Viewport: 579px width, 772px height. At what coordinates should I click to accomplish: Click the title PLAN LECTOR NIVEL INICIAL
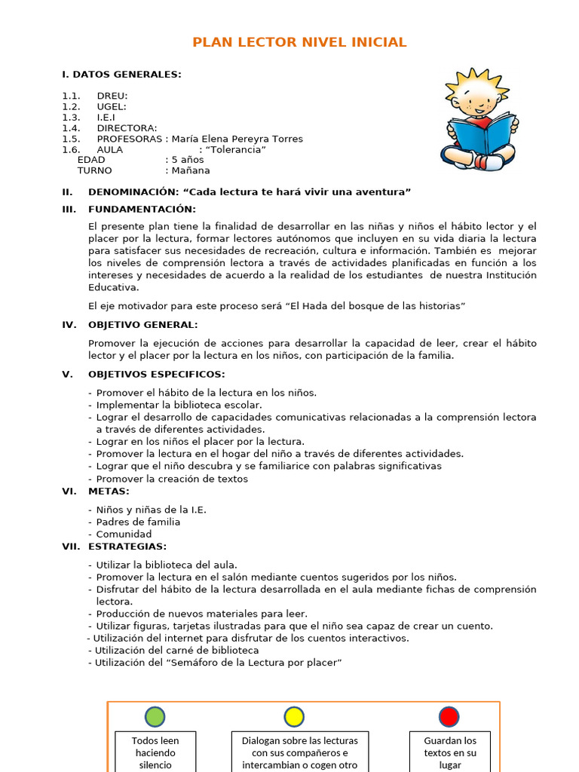(x=299, y=42)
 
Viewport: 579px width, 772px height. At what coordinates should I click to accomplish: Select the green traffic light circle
(x=155, y=716)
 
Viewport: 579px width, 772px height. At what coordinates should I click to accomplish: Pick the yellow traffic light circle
(x=293, y=716)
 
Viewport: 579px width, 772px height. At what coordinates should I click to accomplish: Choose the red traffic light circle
(x=449, y=716)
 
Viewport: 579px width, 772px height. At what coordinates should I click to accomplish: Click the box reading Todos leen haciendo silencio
(x=155, y=752)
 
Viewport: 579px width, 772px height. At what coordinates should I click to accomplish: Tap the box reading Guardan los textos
(x=450, y=752)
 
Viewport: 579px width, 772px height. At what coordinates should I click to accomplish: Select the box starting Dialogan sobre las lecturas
(x=299, y=752)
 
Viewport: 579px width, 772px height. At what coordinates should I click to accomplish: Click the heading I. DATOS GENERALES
(x=121, y=74)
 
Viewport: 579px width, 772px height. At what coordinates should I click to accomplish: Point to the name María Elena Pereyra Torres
(x=237, y=139)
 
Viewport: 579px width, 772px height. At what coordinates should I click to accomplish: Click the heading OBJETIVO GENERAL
(x=142, y=324)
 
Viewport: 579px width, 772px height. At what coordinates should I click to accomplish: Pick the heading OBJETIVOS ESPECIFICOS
(x=156, y=374)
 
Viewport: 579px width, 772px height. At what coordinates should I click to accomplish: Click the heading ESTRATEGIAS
(x=127, y=546)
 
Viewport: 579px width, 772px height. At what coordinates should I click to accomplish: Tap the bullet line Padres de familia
(x=138, y=522)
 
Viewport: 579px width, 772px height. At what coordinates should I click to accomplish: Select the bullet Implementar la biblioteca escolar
(x=179, y=405)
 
